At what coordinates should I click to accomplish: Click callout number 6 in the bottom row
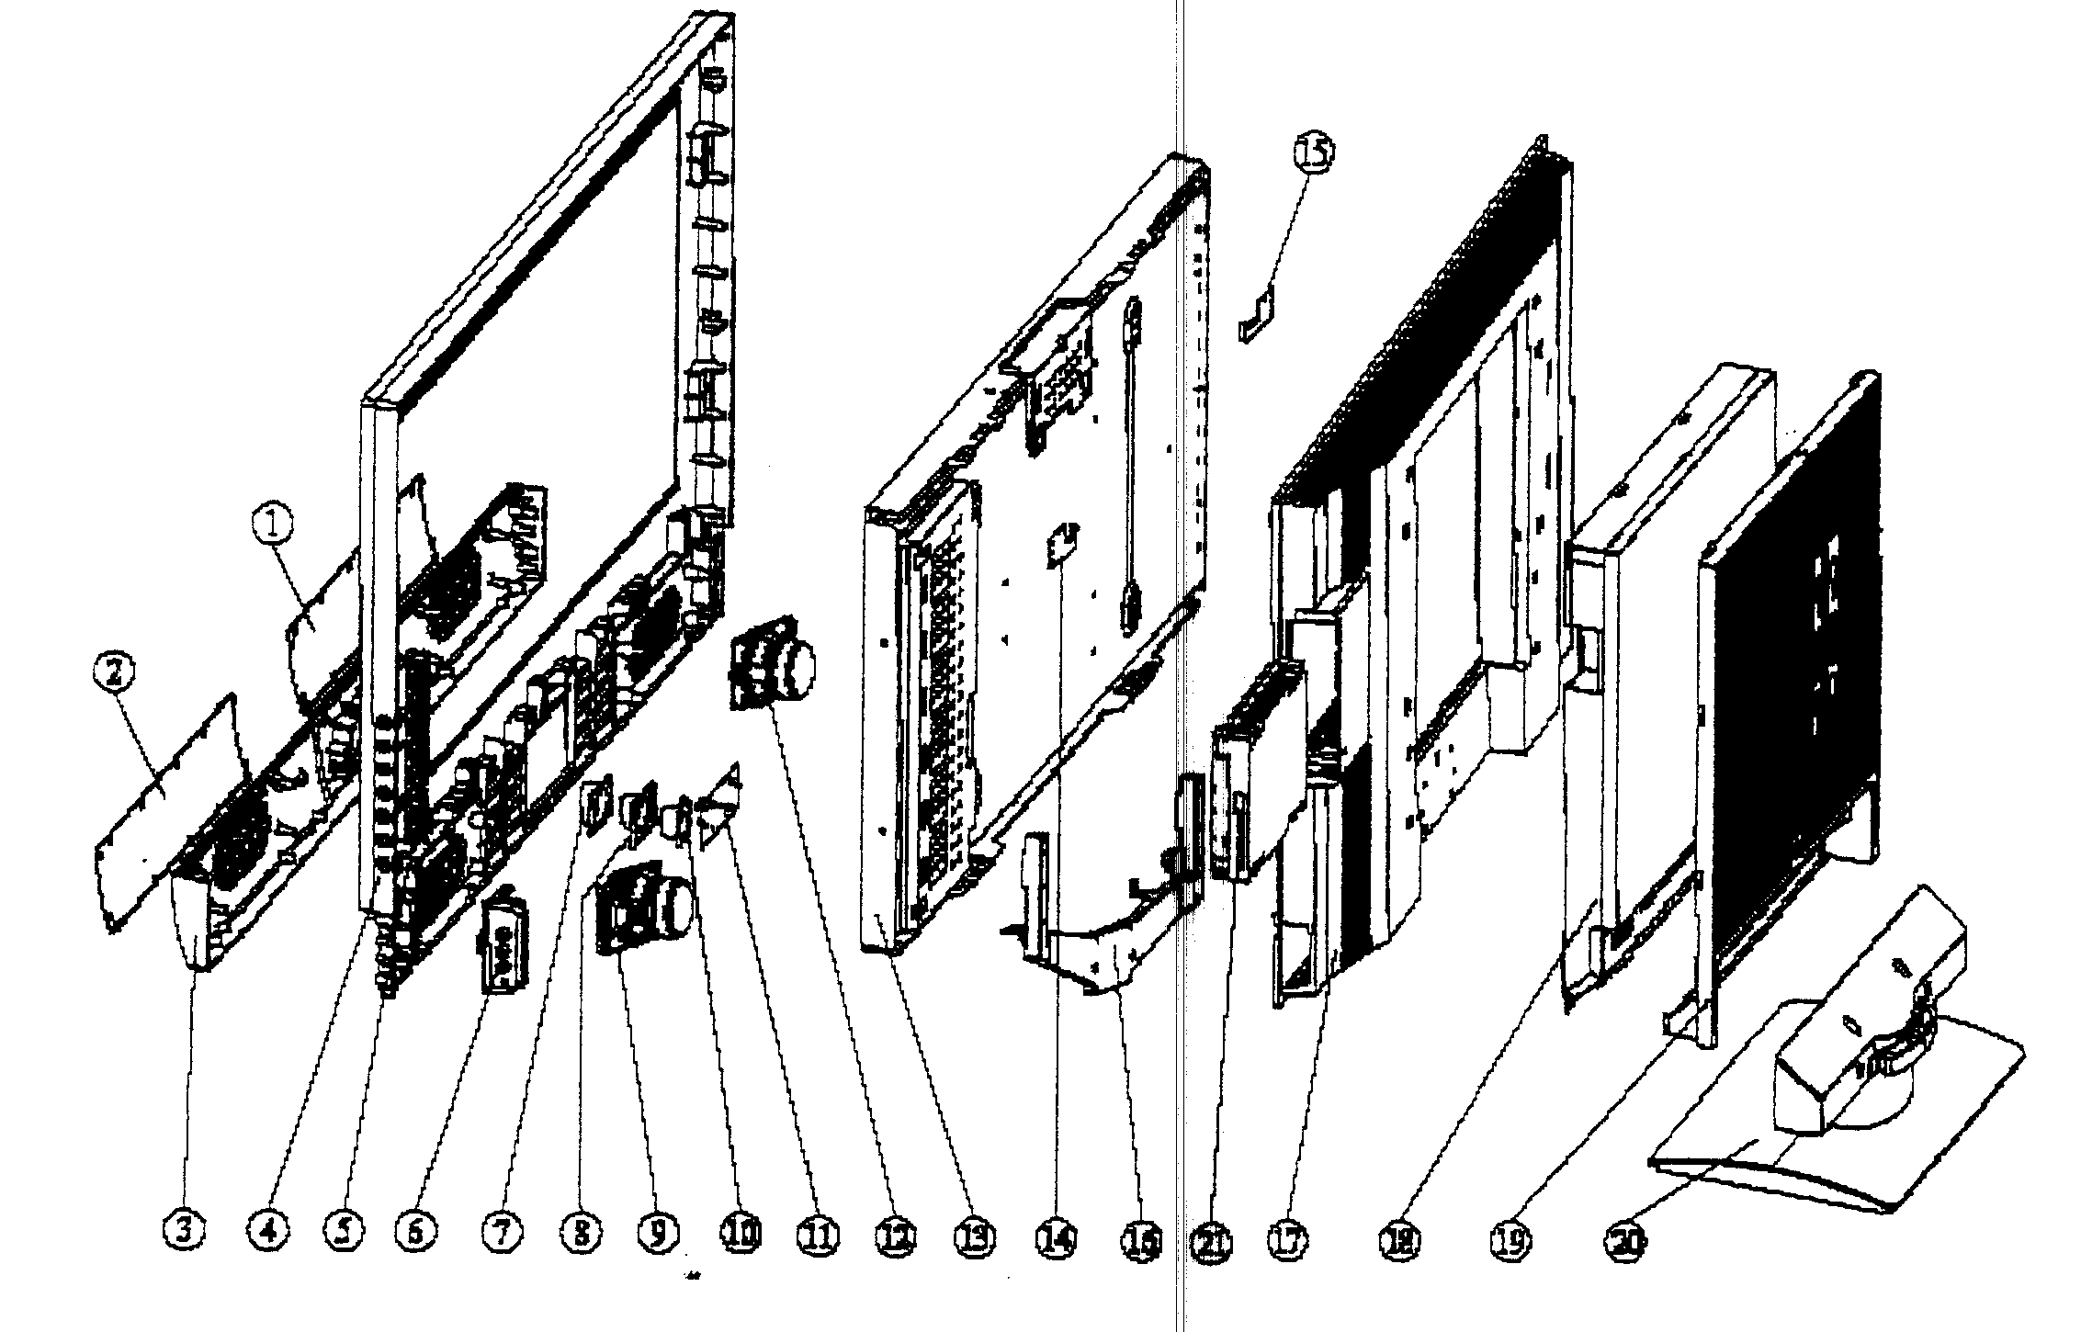click(x=416, y=1233)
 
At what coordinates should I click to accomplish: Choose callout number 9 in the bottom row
click(x=660, y=1233)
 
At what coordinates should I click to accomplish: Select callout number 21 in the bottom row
click(x=1212, y=1242)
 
